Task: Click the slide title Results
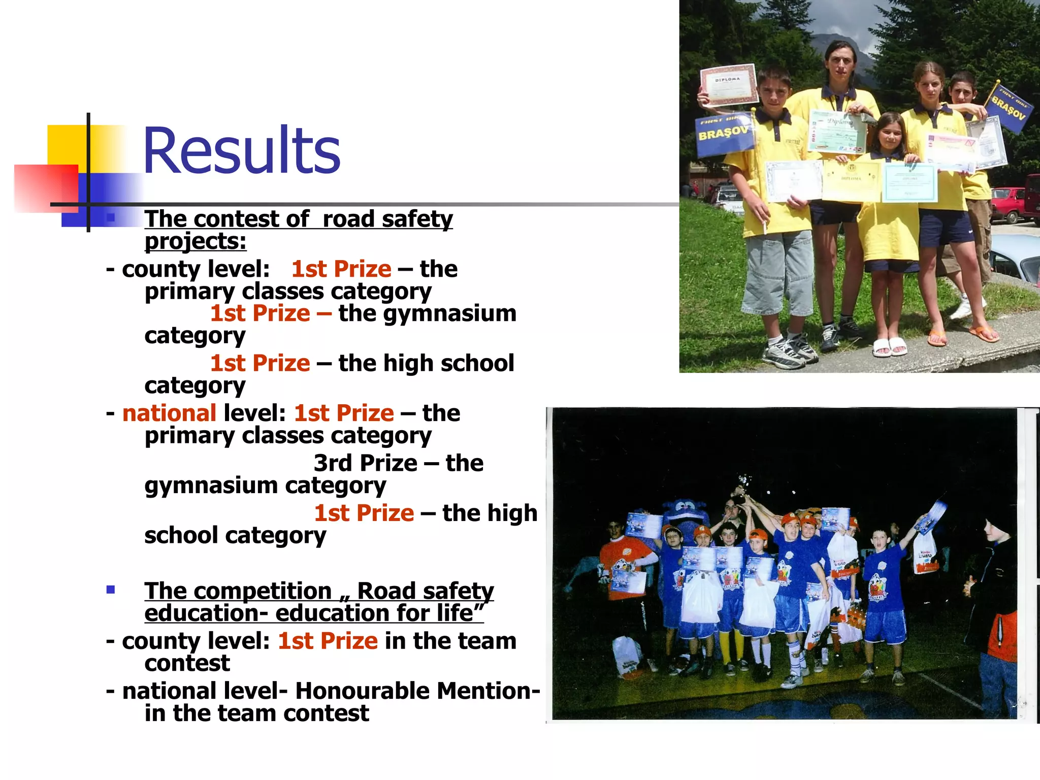point(242,151)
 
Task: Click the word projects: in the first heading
point(196,241)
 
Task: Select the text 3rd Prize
point(366,463)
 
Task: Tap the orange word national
point(170,413)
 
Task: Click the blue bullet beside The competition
point(111,590)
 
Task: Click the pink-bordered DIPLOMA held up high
point(728,85)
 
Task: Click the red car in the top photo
point(1008,204)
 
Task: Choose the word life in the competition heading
point(454,613)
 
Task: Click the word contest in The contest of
point(236,219)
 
